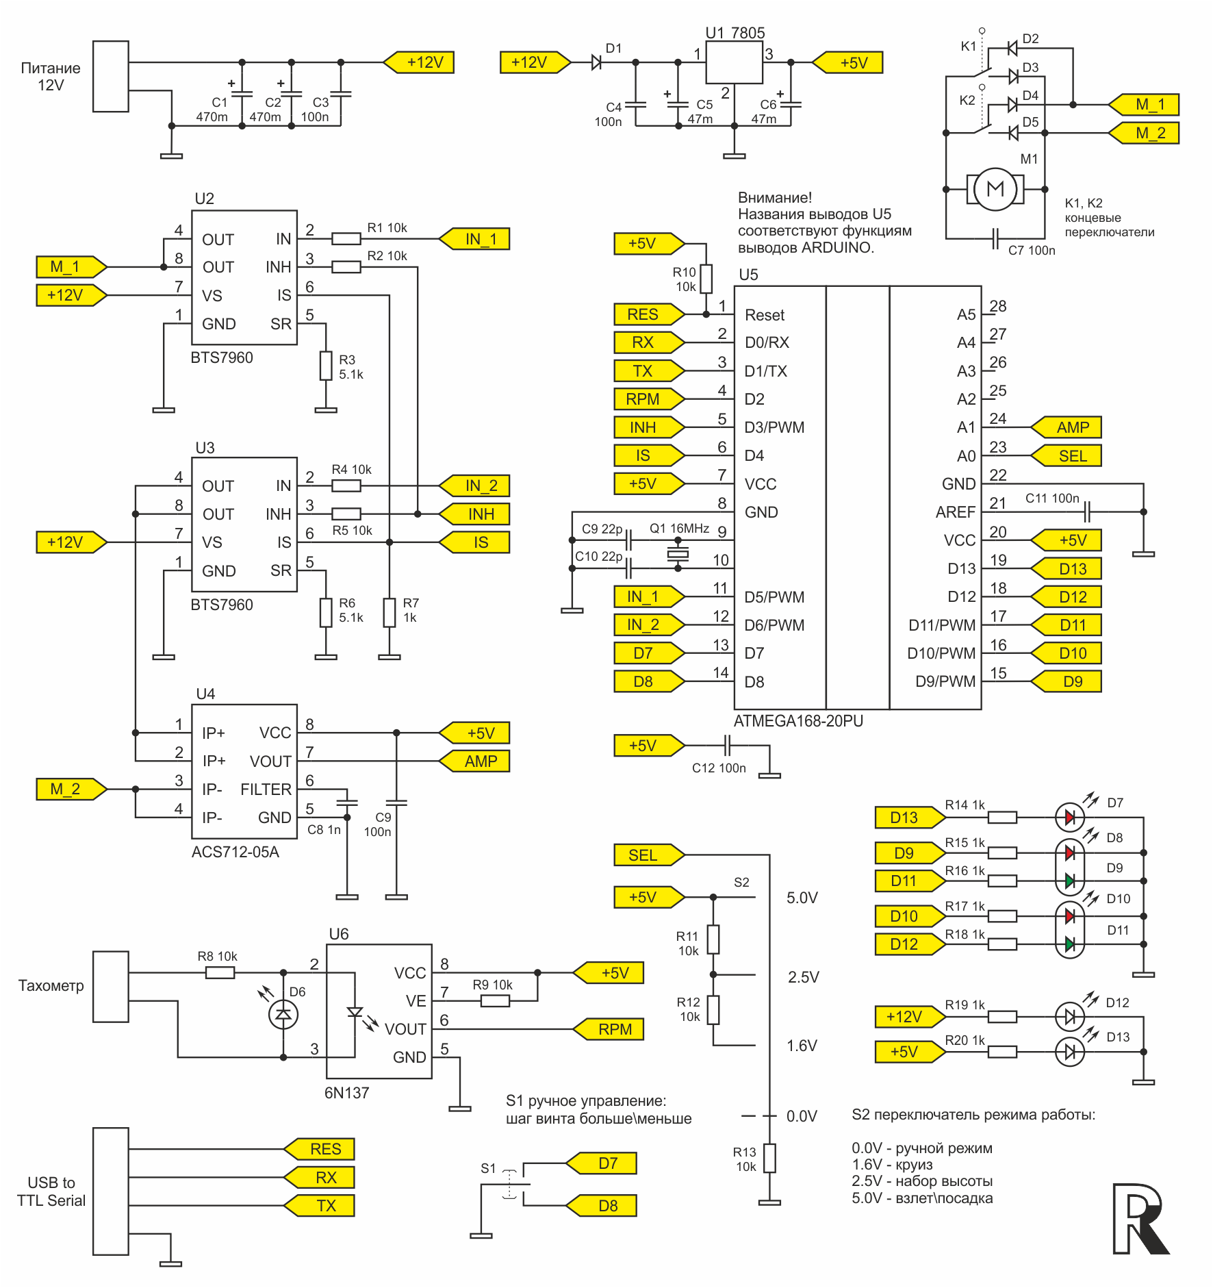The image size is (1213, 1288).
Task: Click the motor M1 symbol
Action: point(995,189)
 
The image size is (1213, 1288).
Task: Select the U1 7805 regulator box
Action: point(734,62)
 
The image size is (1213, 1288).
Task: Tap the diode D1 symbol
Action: point(596,62)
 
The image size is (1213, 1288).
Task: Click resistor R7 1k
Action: point(390,613)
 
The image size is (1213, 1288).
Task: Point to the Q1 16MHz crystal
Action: point(678,554)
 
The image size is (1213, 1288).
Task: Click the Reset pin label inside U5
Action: point(765,315)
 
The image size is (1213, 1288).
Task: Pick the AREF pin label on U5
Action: point(955,512)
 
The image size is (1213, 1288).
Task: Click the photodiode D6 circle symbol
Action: point(283,1014)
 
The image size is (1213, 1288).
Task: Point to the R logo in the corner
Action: point(1139,1219)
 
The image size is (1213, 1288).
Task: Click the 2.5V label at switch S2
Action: point(803,977)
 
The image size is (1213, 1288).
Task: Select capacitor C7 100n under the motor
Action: point(996,239)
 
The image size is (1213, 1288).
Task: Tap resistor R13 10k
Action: point(769,1158)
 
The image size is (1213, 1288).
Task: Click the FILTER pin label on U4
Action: point(266,790)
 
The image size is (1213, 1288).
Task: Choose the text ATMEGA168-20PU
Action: point(798,721)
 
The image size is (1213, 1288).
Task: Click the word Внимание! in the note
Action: point(774,198)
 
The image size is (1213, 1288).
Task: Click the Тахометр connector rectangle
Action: point(111,986)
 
